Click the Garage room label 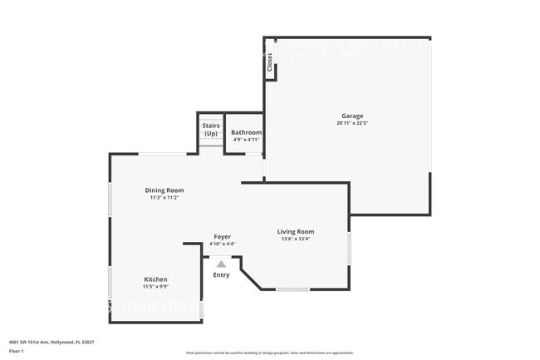[352, 116]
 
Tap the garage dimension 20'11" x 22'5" [352, 123]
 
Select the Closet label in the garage [269, 62]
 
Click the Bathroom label [246, 132]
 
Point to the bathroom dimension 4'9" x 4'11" [246, 140]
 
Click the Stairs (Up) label [211, 129]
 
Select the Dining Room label [164, 190]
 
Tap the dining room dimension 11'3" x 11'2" [164, 198]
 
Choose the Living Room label [296, 231]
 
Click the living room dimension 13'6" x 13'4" [296, 239]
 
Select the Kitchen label [155, 279]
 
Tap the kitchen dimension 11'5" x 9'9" [155, 287]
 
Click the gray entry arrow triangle [221, 263]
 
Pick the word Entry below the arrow [221, 275]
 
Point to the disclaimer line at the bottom [269, 353]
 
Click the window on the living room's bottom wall [292, 289]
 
